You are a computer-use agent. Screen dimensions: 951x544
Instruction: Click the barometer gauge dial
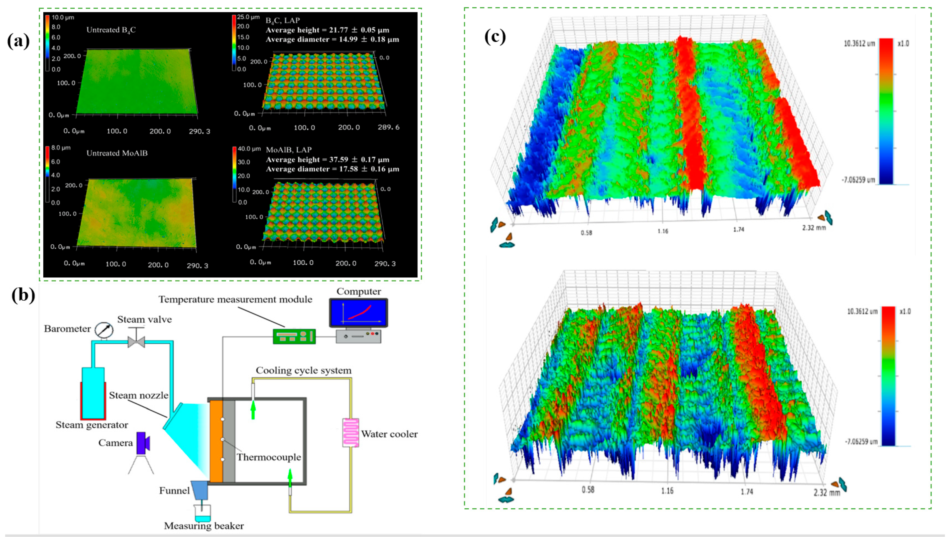click(x=104, y=330)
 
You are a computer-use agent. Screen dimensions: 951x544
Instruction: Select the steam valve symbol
click(x=136, y=338)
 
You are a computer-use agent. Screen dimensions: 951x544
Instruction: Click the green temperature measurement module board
click(x=294, y=336)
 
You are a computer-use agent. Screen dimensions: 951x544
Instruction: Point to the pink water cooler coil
click(x=351, y=433)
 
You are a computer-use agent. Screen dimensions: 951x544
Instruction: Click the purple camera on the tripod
click(x=143, y=444)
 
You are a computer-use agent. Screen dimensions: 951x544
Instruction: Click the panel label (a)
click(x=18, y=41)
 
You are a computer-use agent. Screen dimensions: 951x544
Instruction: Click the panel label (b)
click(x=23, y=295)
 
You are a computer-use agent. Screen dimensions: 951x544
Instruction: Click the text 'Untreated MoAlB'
click(x=117, y=153)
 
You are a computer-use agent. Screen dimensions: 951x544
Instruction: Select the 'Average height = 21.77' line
click(x=327, y=30)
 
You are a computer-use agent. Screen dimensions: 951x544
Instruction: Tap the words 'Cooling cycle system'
click(x=303, y=370)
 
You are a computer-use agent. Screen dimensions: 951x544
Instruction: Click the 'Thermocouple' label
click(x=269, y=457)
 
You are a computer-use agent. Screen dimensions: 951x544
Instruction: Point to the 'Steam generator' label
click(x=92, y=425)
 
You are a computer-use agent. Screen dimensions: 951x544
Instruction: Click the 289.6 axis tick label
click(x=388, y=127)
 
